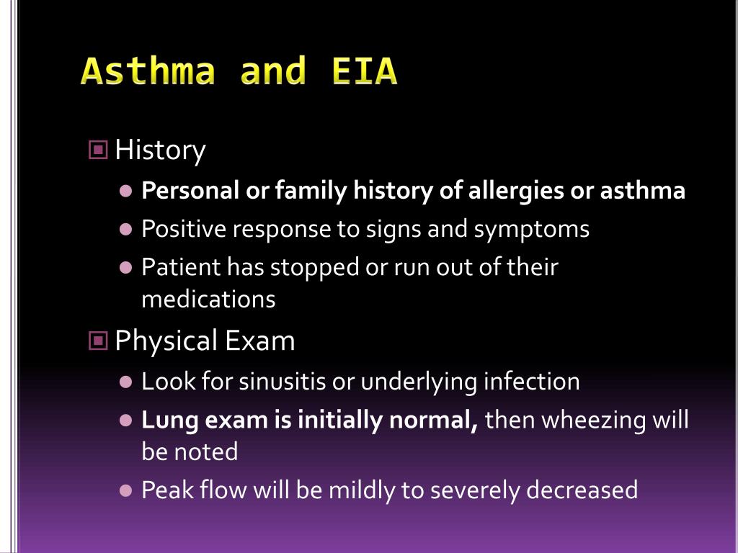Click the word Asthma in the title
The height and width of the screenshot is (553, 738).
click(x=148, y=71)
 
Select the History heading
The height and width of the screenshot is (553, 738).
click(x=160, y=150)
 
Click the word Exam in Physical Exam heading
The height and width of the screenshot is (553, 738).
click(x=260, y=341)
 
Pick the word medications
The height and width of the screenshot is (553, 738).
click(x=208, y=299)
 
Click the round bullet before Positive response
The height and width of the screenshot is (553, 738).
click(x=126, y=230)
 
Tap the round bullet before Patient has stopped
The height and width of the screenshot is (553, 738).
click(x=126, y=268)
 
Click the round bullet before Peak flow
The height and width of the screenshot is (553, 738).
click(x=126, y=490)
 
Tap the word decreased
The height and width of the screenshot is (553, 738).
click(x=582, y=490)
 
